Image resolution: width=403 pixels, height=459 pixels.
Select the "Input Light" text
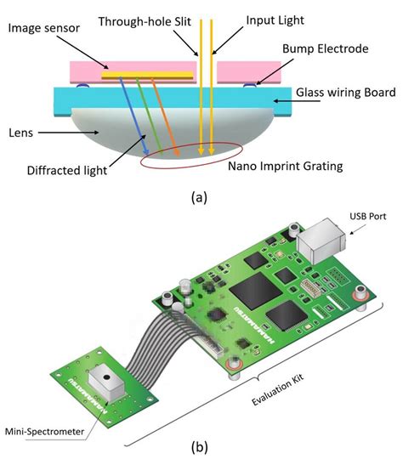click(271, 19)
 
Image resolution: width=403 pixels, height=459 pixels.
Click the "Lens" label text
click(21, 133)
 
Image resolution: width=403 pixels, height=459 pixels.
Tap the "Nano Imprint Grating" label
click(285, 167)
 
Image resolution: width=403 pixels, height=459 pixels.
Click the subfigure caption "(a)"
click(200, 197)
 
